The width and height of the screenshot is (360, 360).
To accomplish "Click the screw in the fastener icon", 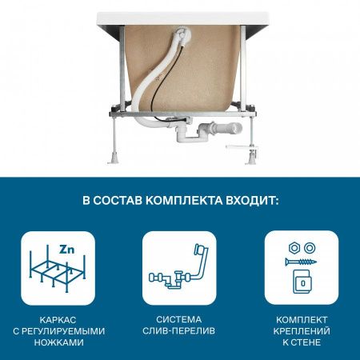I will pyautogui.click(x=301, y=262).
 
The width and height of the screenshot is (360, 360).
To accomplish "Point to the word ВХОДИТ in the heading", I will pyautogui.click(x=254, y=198).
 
